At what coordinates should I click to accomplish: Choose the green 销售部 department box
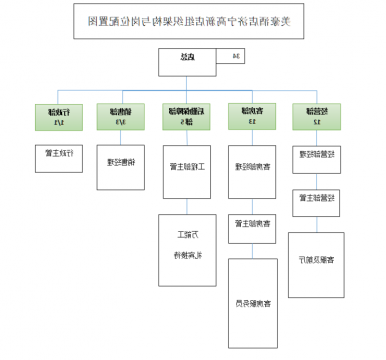pyautogui.click(x=118, y=117)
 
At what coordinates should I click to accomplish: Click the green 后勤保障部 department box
pyautogui.click(x=184, y=117)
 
